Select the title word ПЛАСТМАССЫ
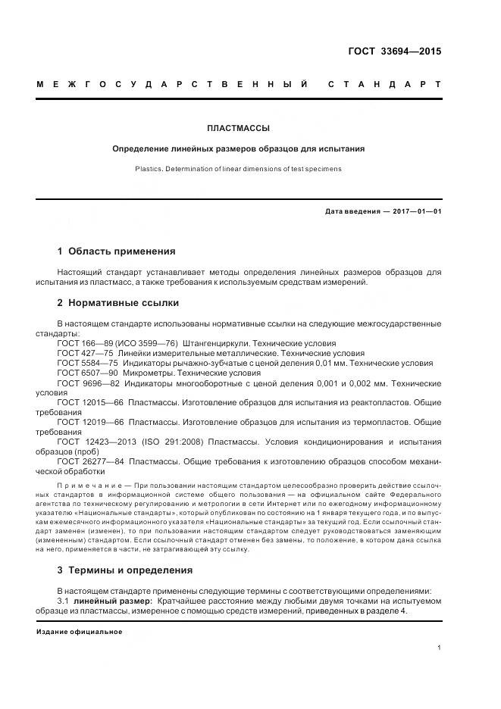(239, 129)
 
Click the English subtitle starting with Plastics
(239, 168)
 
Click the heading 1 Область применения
(116, 251)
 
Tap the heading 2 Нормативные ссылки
(118, 303)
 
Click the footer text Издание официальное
(79, 632)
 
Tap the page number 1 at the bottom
(440, 648)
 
